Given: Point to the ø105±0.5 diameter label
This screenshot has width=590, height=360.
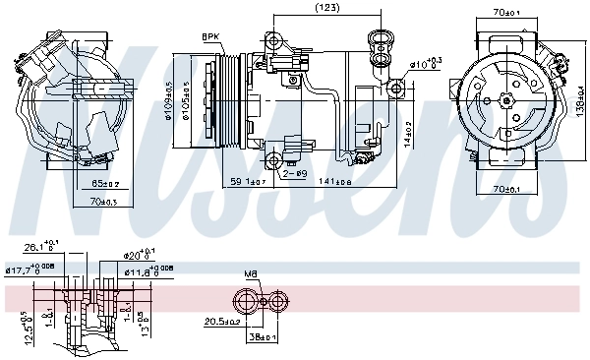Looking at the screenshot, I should click(184, 99).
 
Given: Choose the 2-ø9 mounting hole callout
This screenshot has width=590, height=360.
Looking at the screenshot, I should click(293, 174).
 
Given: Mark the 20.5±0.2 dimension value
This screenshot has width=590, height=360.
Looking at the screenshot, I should click(221, 322).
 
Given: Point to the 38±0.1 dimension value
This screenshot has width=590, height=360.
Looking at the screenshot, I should click(263, 336).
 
